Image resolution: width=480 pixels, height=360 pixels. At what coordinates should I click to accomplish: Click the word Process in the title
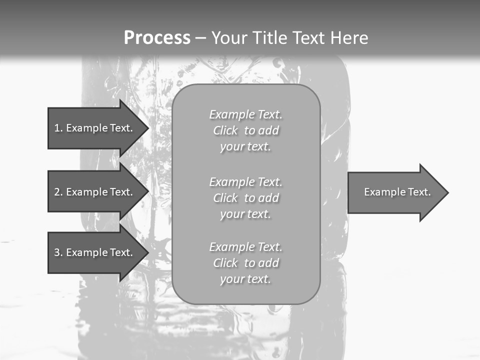pyautogui.click(x=157, y=37)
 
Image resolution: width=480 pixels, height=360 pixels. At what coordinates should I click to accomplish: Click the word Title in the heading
pyautogui.click(x=268, y=37)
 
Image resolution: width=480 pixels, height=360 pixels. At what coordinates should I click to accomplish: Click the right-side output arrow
pyautogui.click(x=395, y=192)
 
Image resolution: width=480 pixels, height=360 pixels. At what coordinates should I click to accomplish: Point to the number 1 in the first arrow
pyautogui.click(x=57, y=128)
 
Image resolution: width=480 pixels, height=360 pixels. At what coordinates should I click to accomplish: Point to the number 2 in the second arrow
pyautogui.click(x=57, y=192)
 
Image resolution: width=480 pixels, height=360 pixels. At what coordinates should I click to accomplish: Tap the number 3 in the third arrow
pyautogui.click(x=57, y=252)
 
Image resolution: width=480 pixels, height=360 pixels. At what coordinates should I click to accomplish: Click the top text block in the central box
pyautogui.click(x=245, y=130)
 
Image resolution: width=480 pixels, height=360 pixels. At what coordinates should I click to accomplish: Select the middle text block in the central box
pyautogui.click(x=245, y=198)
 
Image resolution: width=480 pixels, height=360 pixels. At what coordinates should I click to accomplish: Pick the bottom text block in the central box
pyautogui.click(x=245, y=263)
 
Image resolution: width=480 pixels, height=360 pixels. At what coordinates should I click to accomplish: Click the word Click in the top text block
pyautogui.click(x=225, y=130)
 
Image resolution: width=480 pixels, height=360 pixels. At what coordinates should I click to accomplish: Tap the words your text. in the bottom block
pyautogui.click(x=245, y=279)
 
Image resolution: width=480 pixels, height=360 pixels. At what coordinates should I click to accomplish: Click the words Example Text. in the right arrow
pyautogui.click(x=397, y=192)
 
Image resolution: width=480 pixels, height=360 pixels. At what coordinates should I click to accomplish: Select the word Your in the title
pyautogui.click(x=229, y=37)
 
